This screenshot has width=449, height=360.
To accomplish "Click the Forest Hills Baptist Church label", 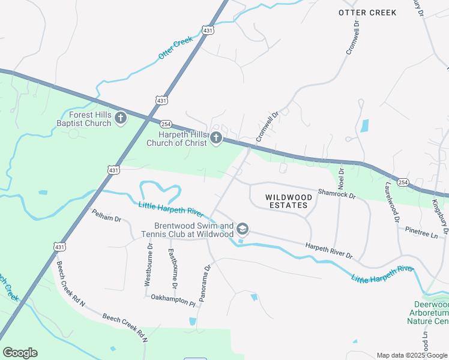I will (90, 119).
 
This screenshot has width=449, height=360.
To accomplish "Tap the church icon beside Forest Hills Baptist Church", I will (121, 118).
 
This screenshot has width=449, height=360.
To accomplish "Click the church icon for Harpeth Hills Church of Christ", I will (216, 139).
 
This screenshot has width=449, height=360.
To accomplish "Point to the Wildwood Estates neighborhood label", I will (289, 201).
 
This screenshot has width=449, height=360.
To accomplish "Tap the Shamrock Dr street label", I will (337, 194).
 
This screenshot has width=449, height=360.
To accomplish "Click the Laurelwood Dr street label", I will (392, 202).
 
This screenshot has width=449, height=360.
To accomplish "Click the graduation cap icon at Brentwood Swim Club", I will (243, 229).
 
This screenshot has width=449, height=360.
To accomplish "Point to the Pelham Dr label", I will (106, 215).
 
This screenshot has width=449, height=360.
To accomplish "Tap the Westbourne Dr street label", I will (149, 264).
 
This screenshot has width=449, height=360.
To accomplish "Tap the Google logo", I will (20, 353).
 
